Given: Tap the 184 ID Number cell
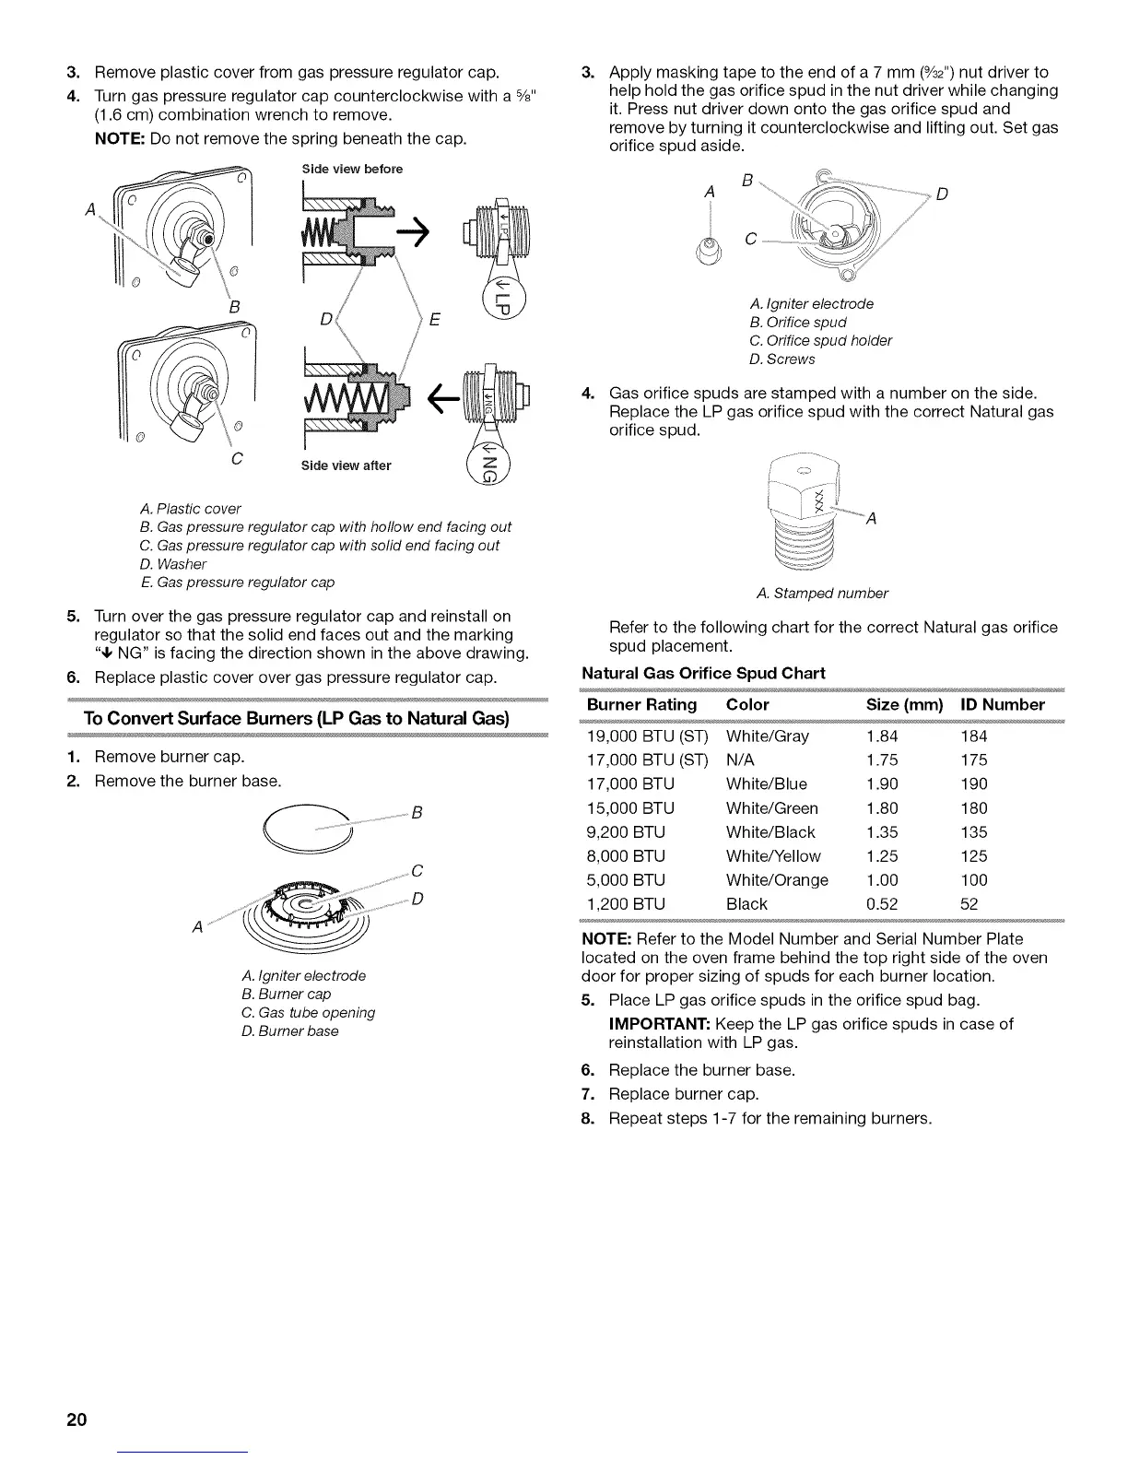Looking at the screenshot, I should click(973, 736).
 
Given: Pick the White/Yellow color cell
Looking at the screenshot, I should click(772, 856).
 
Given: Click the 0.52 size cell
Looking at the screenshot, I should click(882, 904).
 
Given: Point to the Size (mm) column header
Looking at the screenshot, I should click(905, 705).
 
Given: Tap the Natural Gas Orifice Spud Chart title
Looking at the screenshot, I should click(703, 673).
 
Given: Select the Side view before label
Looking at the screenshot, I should click(352, 170).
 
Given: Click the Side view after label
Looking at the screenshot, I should click(346, 465).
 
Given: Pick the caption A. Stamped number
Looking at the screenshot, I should click(821, 593).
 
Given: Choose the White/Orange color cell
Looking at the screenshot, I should click(777, 880).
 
